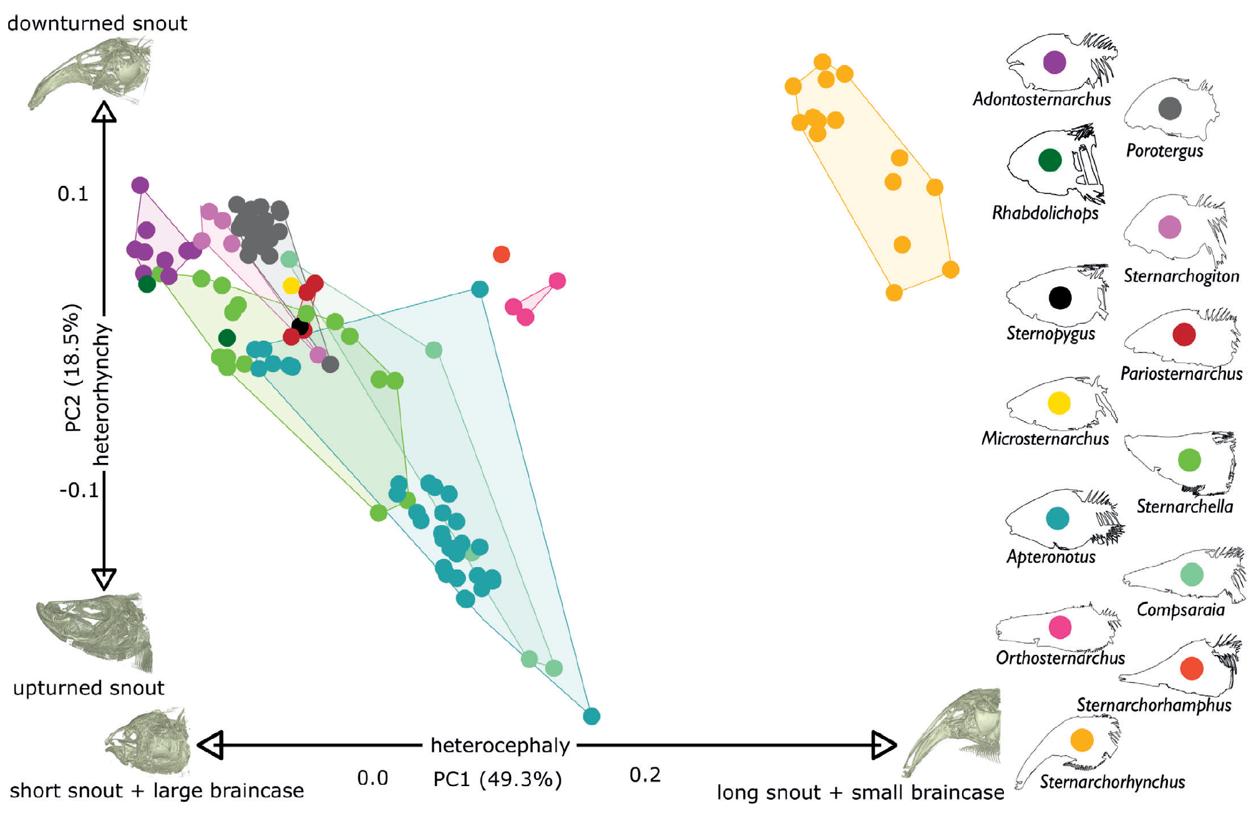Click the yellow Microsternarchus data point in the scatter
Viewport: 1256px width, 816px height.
(x=291, y=286)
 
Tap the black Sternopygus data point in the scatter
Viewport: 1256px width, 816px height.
(x=300, y=326)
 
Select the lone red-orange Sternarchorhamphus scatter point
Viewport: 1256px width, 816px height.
(x=502, y=255)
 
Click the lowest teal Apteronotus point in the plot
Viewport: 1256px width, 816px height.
(x=591, y=716)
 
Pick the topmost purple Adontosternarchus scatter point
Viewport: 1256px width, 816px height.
(x=140, y=185)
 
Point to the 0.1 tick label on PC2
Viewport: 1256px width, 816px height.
(x=73, y=194)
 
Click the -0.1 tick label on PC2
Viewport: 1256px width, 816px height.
(x=79, y=490)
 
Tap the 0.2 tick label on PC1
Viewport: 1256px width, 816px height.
(x=645, y=775)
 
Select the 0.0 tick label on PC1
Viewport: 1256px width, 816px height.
(x=372, y=778)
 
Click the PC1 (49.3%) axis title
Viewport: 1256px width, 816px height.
(x=497, y=779)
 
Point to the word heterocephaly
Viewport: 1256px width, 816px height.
(x=500, y=746)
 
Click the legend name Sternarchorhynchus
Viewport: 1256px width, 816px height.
(x=1112, y=782)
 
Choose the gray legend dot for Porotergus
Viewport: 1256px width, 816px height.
(x=1170, y=109)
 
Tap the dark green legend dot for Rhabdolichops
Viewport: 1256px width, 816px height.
(x=1050, y=160)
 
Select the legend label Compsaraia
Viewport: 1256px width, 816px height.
(x=1181, y=610)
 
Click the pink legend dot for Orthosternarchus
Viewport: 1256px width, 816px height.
(x=1060, y=627)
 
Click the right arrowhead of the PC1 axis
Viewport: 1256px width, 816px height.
(x=884, y=745)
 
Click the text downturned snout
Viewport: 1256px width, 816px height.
(x=97, y=24)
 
